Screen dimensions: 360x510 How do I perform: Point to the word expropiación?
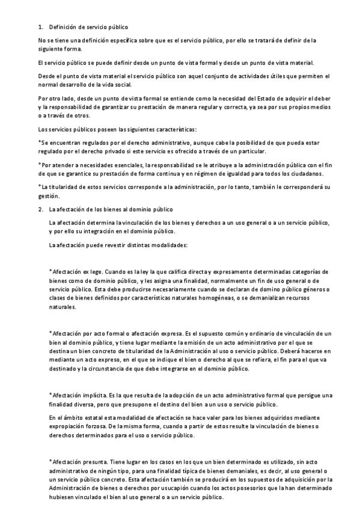click(69, 425)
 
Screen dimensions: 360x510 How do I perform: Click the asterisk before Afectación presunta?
click(50, 461)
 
